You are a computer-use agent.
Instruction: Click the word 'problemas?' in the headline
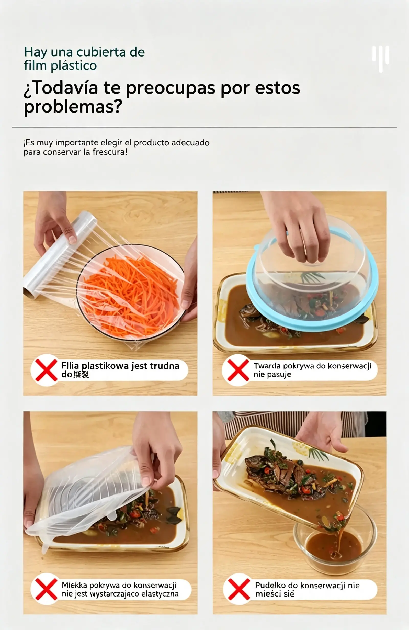73,106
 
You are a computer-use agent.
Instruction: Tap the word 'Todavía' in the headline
65,88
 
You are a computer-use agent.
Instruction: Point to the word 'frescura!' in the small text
110,152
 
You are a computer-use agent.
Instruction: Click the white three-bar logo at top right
380,59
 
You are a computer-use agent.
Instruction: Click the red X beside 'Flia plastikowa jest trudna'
46,370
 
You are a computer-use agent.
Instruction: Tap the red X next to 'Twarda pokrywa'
238,370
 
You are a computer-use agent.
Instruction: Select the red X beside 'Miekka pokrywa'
46,589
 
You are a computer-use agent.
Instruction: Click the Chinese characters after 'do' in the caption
81,374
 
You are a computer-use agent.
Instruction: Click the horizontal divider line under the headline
204,127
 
